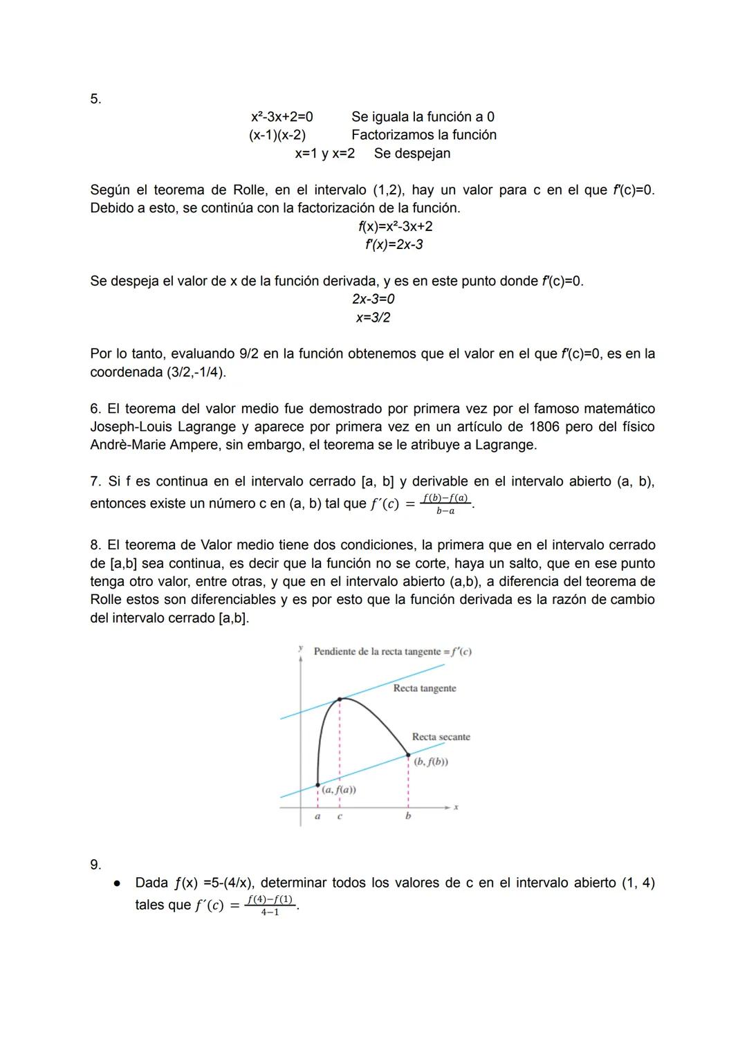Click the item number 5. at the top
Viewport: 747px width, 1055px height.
pos(95,99)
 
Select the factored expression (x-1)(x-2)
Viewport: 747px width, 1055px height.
pos(277,135)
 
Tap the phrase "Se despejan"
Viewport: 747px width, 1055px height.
pos(412,154)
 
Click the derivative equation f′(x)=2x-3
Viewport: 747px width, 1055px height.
pos(394,245)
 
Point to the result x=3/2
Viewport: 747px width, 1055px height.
pos(373,318)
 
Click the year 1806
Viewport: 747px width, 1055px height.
pos(544,427)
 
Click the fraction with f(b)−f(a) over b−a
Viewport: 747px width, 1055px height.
pos(445,504)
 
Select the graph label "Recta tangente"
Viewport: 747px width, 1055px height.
pos(425,688)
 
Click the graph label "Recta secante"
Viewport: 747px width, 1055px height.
pos(441,737)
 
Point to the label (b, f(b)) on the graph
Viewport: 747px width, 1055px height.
pos(430,762)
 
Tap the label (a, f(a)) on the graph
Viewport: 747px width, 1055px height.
pos(339,790)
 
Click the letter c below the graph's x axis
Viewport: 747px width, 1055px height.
pos(340,816)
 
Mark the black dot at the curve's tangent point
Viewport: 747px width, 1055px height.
pos(340,699)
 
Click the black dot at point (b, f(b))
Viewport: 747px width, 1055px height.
pos(408,755)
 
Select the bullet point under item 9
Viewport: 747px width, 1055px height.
pos(118,883)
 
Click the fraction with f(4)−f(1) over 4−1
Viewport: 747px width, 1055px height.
pos(270,905)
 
